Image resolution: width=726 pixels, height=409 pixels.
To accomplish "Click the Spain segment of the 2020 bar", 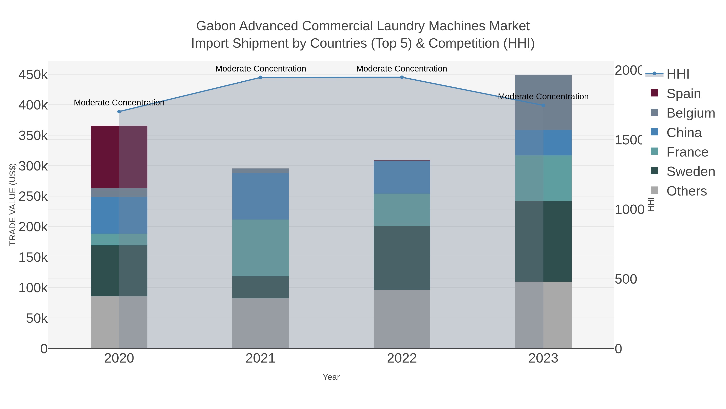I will tap(119, 157).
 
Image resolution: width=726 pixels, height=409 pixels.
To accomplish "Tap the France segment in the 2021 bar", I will tap(260, 248).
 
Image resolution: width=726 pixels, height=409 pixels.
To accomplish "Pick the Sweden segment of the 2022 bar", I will tap(402, 258).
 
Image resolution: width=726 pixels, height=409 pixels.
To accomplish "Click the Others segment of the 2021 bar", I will tap(260, 323).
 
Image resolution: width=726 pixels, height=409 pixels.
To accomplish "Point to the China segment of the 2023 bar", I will tap(543, 143).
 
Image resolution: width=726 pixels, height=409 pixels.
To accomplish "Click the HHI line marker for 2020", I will tap(119, 111).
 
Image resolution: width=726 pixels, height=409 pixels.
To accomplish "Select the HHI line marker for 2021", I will tap(260, 77).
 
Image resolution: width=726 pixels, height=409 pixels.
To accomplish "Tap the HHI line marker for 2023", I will tap(543, 105).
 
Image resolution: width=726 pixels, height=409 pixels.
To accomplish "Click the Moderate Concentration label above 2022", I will tap(402, 69).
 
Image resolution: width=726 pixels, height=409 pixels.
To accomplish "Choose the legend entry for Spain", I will tap(683, 94).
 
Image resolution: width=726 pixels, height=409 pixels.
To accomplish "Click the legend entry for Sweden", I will tap(691, 171).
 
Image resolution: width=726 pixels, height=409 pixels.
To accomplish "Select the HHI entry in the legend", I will tap(678, 74).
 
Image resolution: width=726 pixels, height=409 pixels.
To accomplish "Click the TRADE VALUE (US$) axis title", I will tap(12, 204).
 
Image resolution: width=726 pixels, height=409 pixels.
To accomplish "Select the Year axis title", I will tap(331, 377).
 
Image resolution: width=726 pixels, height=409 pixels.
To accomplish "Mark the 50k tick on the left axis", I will tap(37, 318).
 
